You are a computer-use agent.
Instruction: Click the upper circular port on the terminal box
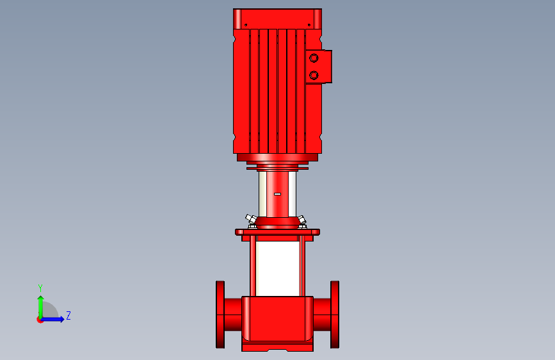click(x=314, y=58)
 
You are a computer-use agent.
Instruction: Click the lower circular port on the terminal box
click(x=314, y=75)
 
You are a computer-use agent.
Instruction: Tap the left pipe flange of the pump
click(x=220, y=315)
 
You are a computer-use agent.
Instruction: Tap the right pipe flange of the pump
click(x=335, y=315)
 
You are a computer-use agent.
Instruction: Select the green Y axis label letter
click(x=40, y=288)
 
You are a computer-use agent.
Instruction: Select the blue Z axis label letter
click(x=68, y=315)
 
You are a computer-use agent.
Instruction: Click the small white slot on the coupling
click(x=278, y=194)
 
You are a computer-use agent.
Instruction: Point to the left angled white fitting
click(x=251, y=219)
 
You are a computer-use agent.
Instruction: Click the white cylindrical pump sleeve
click(x=278, y=268)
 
